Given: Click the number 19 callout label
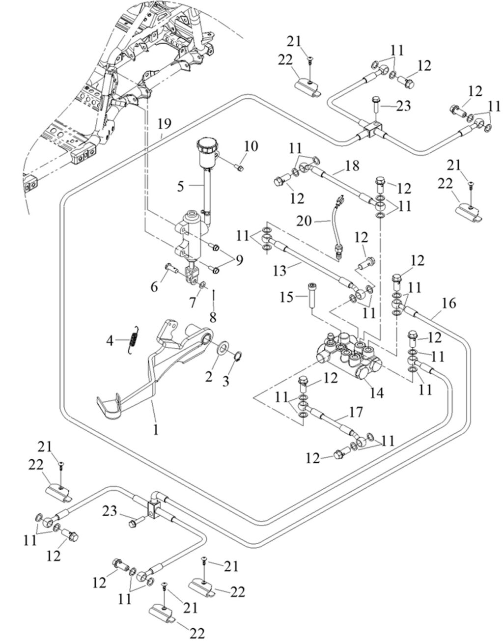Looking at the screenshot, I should (165, 124).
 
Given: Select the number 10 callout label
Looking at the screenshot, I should (251, 146).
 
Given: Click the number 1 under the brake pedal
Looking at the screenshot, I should (156, 430).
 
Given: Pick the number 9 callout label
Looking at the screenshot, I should (238, 260).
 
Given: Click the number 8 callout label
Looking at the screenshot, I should (212, 317).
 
